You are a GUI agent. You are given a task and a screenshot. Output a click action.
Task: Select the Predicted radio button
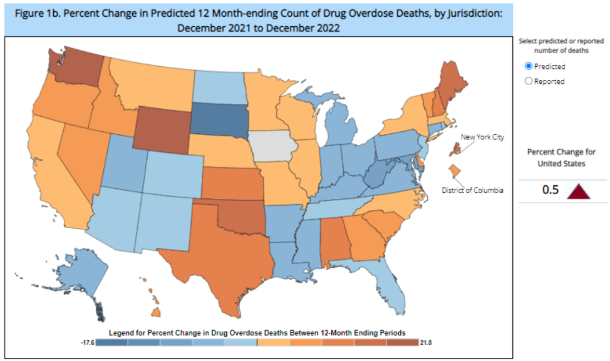[528, 67]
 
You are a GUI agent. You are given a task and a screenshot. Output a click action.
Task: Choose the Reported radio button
[528, 82]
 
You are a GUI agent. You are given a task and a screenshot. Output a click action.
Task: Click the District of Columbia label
[473, 191]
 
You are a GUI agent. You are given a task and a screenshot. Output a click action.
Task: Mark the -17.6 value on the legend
[87, 343]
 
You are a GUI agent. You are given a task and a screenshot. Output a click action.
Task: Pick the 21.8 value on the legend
[425, 343]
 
